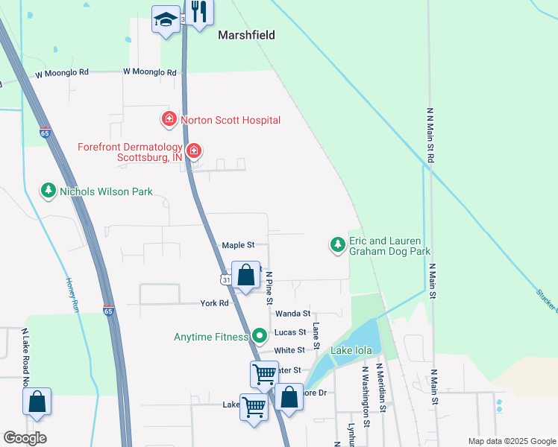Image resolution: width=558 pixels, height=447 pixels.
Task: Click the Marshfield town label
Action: point(246,35)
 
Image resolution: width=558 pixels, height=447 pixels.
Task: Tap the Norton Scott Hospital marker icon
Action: point(169,119)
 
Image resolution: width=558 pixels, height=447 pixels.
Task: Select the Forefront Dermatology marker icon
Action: point(194,151)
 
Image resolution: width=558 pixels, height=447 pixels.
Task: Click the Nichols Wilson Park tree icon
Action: point(48,191)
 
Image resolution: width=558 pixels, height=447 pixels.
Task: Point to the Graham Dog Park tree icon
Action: point(337,244)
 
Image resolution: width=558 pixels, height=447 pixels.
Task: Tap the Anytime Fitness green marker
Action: point(259,337)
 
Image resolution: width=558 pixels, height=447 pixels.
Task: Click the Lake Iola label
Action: point(354,349)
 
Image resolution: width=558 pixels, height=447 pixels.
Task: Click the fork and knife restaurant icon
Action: point(198,12)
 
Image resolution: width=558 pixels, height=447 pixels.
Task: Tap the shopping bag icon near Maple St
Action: point(245,275)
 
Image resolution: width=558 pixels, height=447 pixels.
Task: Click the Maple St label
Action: point(238,245)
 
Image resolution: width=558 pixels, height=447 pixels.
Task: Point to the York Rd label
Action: point(214,303)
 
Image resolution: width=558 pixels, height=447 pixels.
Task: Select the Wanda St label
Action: point(292,314)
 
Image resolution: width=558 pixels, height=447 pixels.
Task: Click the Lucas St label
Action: point(290,332)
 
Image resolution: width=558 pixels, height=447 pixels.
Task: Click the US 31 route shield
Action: point(225,279)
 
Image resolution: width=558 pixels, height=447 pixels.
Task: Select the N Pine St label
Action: point(269,288)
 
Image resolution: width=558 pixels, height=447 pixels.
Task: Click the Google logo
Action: point(25,438)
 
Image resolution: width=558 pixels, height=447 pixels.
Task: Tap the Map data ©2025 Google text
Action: point(511,441)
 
